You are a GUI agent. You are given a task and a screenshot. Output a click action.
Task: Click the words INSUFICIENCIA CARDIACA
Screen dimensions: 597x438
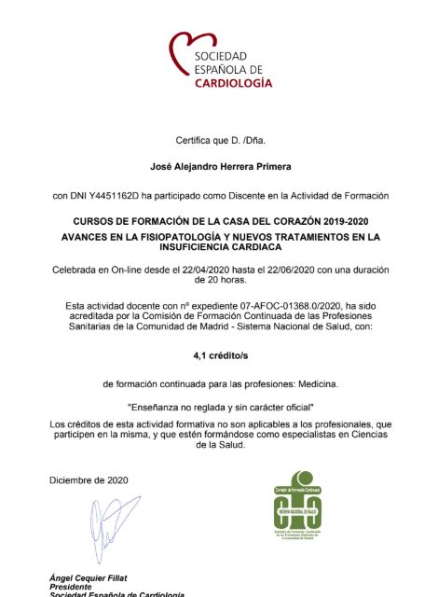click(x=220, y=249)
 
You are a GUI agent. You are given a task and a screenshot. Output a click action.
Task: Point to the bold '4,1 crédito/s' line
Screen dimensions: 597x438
click(x=220, y=355)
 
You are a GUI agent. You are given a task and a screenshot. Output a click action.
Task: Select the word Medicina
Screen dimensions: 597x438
click(x=314, y=383)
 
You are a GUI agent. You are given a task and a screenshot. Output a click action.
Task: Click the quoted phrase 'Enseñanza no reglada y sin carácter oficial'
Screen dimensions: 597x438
click(x=220, y=408)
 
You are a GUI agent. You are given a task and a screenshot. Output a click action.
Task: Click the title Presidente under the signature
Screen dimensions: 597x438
click(x=71, y=588)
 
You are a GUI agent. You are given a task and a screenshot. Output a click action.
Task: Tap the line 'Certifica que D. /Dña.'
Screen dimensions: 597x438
click(x=220, y=141)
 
